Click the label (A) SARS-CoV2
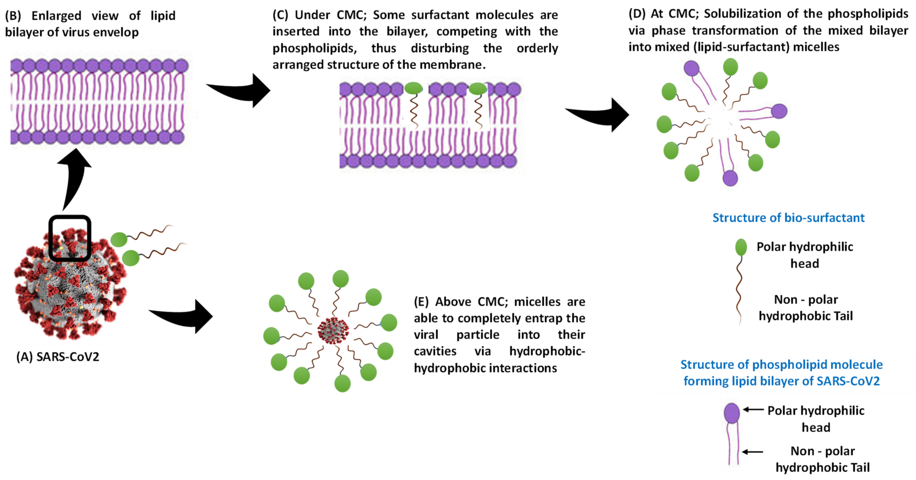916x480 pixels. coord(58,356)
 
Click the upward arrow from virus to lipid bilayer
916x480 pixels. coord(74,178)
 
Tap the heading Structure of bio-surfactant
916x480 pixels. coord(788,217)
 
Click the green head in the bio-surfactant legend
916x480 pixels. coord(741,247)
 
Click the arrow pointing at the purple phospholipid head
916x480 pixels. coord(753,410)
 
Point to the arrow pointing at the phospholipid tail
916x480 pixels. coord(752,452)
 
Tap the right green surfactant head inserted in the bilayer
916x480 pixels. coord(478,88)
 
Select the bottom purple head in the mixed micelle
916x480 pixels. coord(730,178)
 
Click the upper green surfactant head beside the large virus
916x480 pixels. coord(119,240)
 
